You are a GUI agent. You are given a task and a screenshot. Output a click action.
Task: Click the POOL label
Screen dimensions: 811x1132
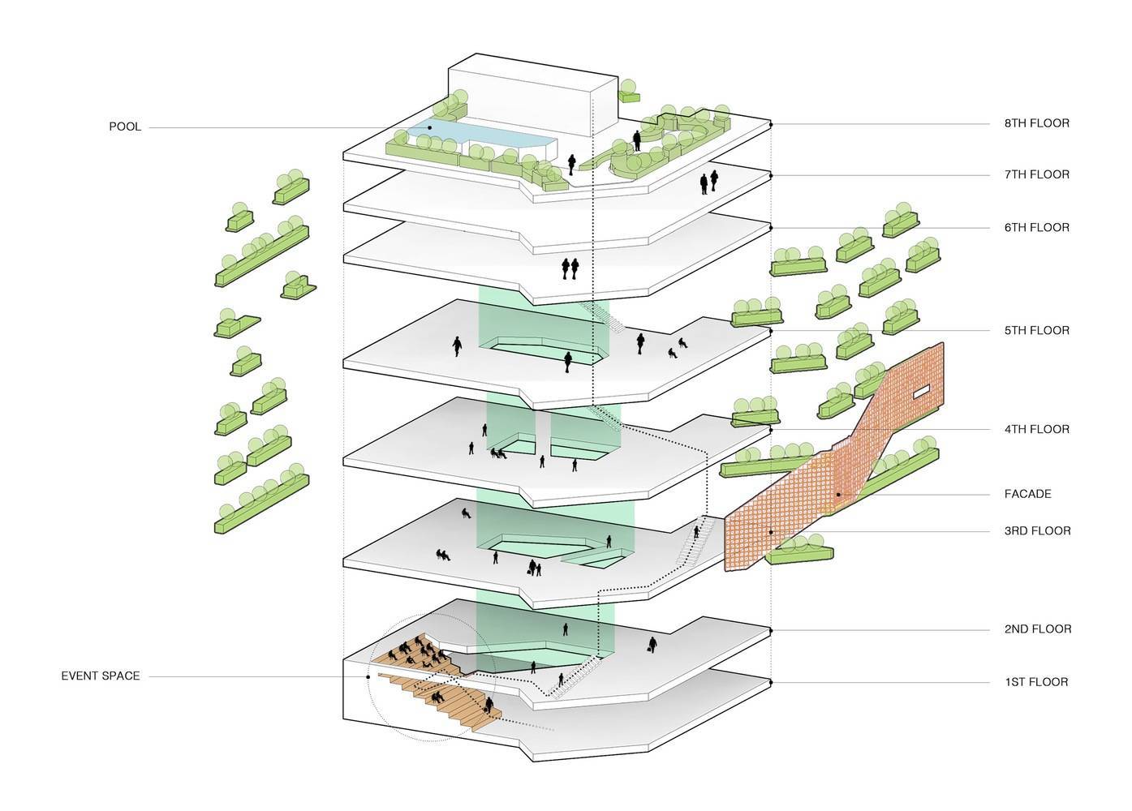[x=125, y=127]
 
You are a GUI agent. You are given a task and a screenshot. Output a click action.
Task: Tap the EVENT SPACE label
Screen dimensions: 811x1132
[x=101, y=676]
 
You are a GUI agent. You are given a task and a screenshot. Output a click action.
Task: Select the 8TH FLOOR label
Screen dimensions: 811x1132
[x=1036, y=124]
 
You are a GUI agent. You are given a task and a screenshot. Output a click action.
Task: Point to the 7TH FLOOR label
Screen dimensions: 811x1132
[x=1036, y=175]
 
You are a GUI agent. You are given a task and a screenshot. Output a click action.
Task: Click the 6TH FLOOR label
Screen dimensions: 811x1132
[x=1036, y=228]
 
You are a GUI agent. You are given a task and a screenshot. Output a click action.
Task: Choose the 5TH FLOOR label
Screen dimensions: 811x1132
[x=1036, y=331]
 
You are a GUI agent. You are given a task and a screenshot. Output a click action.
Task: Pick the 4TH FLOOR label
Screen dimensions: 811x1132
[x=1036, y=430]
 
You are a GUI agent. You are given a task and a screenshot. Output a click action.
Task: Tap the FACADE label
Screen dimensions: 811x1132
[x=1027, y=494]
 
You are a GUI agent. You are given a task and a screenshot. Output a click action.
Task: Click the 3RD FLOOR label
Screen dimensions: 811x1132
[x=1036, y=531]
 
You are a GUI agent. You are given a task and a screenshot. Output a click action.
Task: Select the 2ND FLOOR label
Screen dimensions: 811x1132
[x=1036, y=629]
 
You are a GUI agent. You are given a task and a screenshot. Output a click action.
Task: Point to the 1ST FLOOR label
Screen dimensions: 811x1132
[x=1036, y=682]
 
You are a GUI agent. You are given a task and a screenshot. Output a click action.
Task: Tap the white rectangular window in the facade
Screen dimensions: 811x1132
[x=923, y=393]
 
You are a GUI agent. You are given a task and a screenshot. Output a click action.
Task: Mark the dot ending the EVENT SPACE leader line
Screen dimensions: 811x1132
[x=368, y=676]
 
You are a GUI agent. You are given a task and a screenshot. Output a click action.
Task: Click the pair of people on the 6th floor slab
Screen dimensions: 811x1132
[x=571, y=268]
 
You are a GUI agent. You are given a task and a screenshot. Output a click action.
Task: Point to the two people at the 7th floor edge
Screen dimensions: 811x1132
[x=708, y=182]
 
